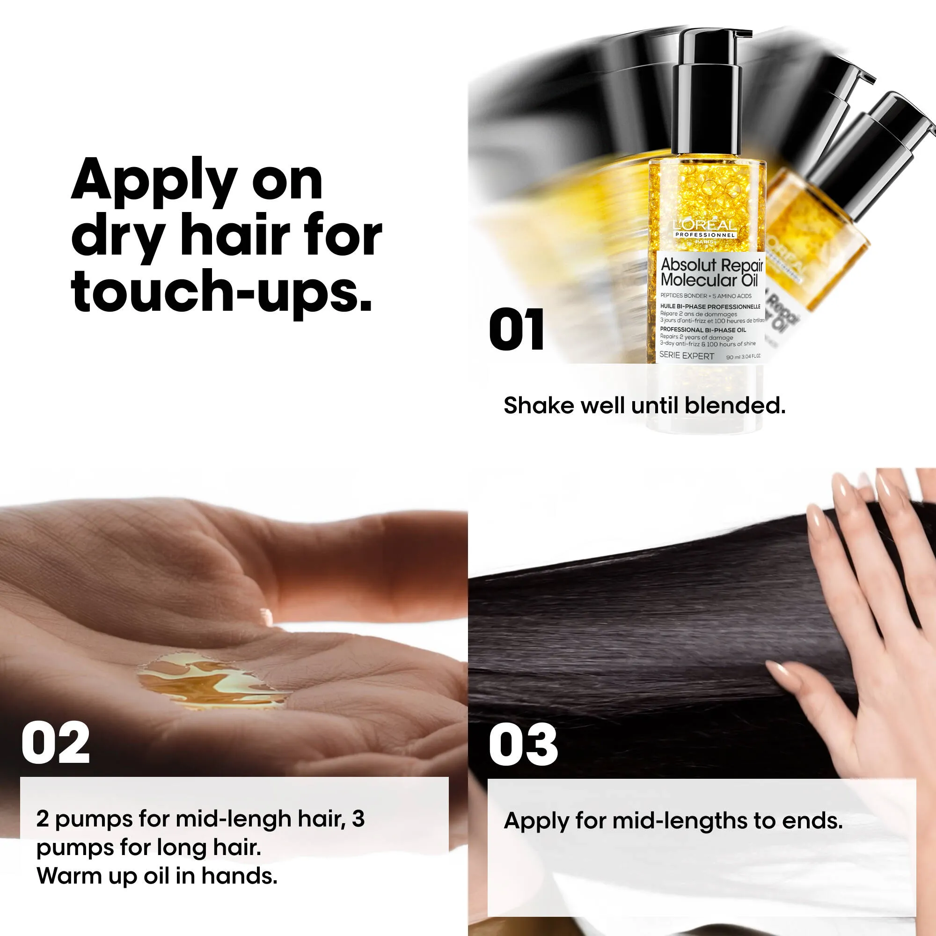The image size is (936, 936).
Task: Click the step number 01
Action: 517,329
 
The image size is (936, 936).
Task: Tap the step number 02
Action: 55,743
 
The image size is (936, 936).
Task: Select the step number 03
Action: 523,744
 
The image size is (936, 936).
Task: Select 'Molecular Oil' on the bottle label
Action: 708,280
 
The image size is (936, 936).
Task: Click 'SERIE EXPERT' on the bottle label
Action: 687,356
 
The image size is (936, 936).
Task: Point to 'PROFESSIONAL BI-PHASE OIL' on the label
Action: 703,330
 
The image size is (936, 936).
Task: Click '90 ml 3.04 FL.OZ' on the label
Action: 743,357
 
